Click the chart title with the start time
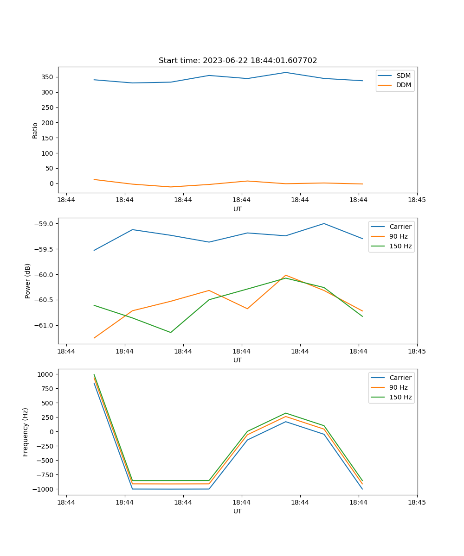[x=238, y=61]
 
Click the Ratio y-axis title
[x=35, y=130]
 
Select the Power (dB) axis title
[x=28, y=281]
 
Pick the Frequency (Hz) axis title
[x=26, y=432]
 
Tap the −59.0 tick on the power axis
[x=45, y=224]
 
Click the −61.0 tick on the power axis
[x=45, y=325]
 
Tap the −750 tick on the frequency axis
[x=45, y=475]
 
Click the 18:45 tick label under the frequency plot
[x=417, y=502]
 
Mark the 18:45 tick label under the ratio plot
[x=417, y=200]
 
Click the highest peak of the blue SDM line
[x=285, y=72]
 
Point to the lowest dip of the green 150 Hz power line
[x=171, y=332]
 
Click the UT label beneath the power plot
[x=238, y=360]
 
